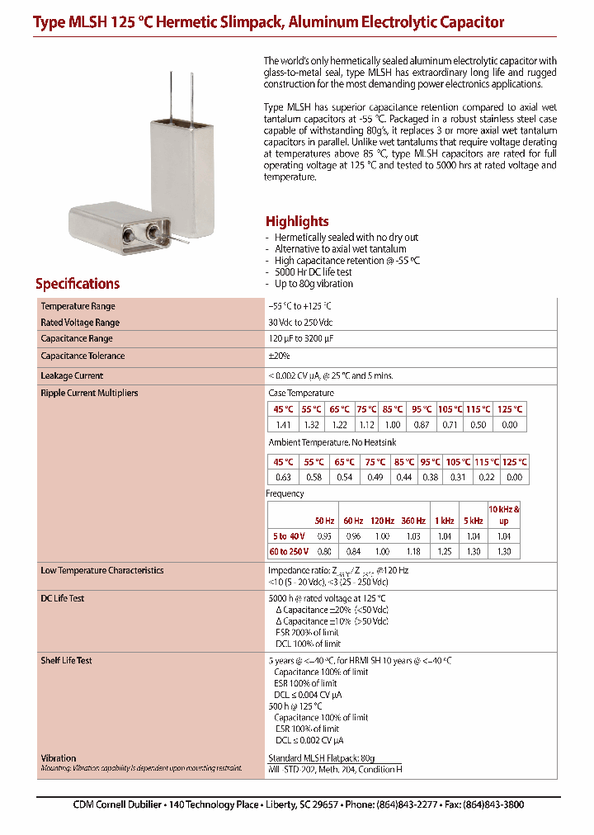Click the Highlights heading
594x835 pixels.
coord(297,221)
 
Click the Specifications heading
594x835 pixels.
coord(78,284)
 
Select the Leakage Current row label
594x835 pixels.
coord(72,375)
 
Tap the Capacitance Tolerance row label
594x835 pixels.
coord(82,356)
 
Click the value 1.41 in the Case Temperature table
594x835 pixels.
coord(283,424)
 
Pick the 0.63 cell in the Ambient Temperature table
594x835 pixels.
coord(283,477)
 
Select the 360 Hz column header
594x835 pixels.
coord(413,521)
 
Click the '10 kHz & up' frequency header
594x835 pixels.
coord(504,515)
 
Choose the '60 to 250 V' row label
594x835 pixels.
coord(289,550)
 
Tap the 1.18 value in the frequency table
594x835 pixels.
coord(413,550)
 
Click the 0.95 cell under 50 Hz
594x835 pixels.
coord(324,536)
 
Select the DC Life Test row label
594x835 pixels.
coord(63,598)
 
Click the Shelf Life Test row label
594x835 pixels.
coord(66,661)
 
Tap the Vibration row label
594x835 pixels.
coord(58,757)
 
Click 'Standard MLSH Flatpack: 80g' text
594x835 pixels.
coord(322,757)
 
